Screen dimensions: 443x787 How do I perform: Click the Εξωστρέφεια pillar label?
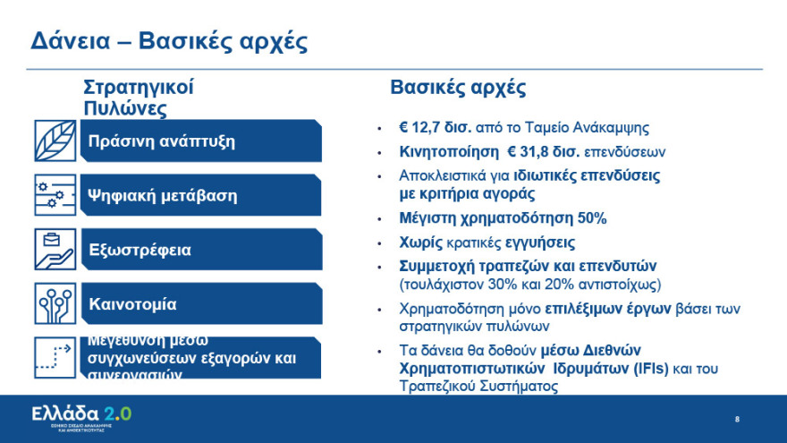140,250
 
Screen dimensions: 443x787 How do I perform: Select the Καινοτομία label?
132,304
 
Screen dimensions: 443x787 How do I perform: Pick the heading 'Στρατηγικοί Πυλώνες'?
138,98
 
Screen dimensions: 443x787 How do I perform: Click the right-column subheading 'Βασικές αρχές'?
458,88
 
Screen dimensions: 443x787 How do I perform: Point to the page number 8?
737,419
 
